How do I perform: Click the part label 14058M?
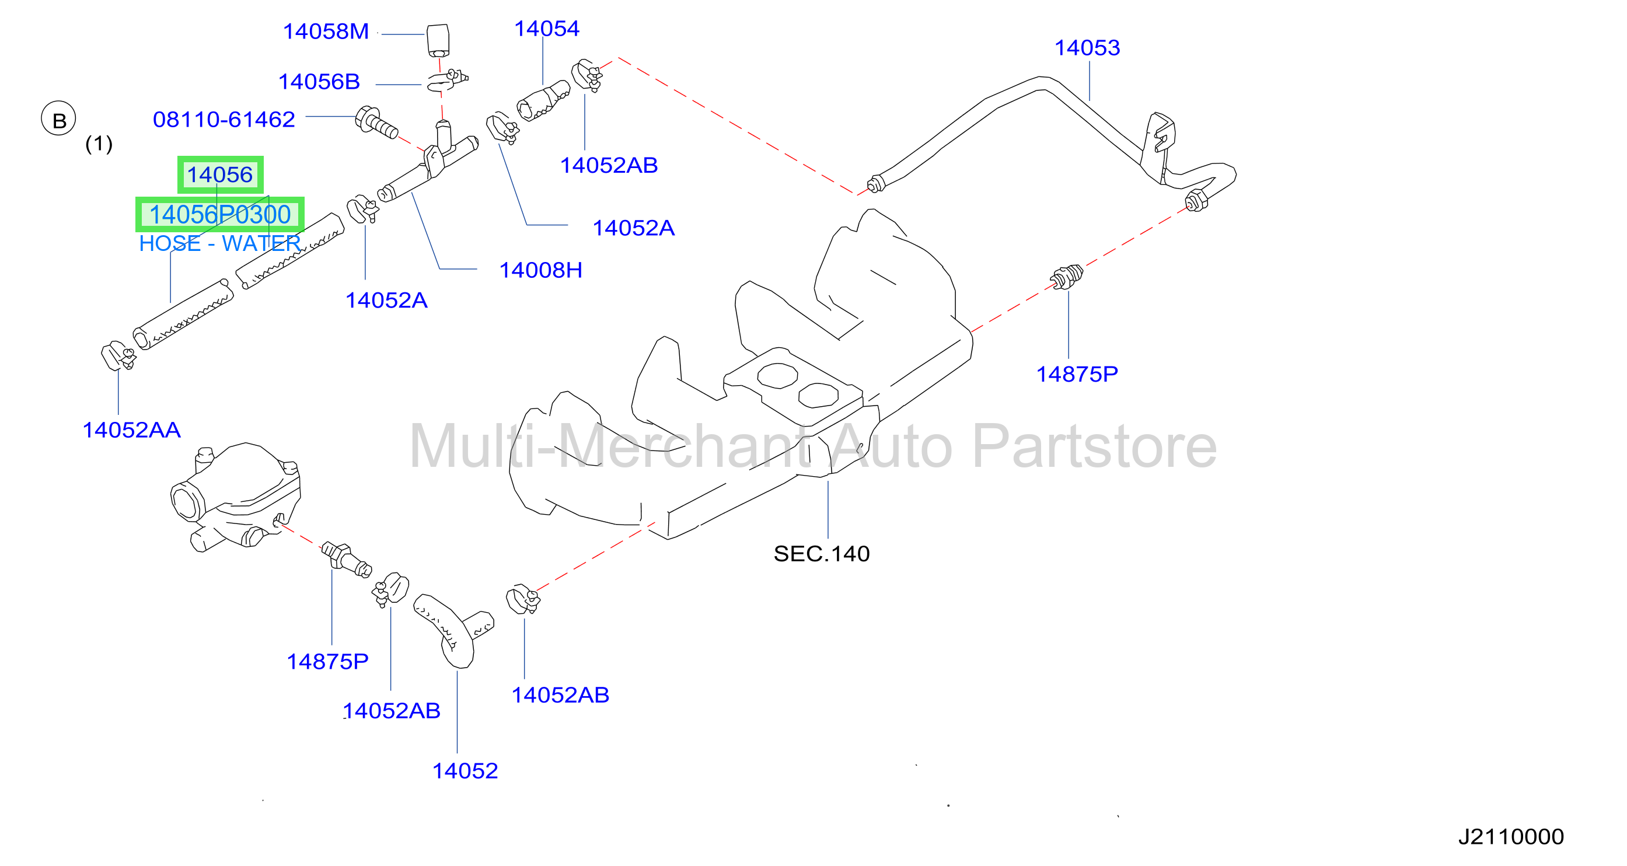325,32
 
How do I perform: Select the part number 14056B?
319,82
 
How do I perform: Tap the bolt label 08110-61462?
224,120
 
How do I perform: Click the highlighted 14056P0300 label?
220,215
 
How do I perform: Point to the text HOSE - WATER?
219,243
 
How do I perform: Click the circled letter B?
59,118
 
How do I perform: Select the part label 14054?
546,29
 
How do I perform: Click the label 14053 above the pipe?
1087,48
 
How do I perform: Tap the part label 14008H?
540,270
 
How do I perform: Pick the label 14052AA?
131,430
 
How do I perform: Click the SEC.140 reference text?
821,554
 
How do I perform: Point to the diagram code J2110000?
1511,837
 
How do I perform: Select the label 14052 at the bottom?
465,771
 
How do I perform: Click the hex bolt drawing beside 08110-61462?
376,123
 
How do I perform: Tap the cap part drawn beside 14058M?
438,40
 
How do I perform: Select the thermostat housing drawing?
235,497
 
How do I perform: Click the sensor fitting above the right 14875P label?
1066,277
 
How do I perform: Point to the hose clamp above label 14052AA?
117,356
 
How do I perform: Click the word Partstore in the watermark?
1094,447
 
